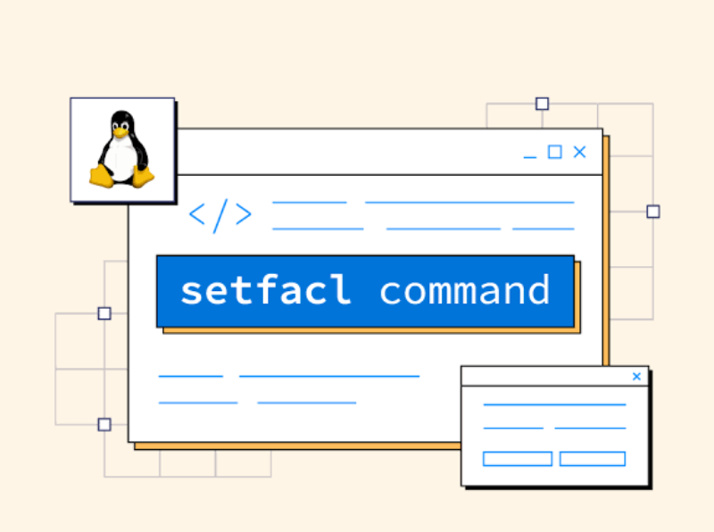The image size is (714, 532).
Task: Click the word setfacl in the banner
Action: [x=265, y=292]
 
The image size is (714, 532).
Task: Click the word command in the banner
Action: [x=464, y=292]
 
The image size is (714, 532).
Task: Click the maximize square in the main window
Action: [x=555, y=152]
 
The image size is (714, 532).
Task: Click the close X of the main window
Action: [x=579, y=152]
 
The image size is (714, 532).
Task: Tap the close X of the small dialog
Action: [x=636, y=377]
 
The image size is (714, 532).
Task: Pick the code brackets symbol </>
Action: [x=220, y=216]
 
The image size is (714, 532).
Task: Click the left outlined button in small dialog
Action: [x=518, y=459]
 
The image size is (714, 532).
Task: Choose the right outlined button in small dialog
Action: [x=593, y=459]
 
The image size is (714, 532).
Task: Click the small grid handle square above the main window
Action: [x=542, y=104]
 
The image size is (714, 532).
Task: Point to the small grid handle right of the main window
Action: [x=653, y=212]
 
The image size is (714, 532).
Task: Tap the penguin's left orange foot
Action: [x=103, y=176]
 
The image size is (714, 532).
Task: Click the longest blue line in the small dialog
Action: [x=554, y=404]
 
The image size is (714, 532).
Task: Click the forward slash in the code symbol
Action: [x=220, y=216]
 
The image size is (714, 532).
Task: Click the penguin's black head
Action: [x=121, y=120]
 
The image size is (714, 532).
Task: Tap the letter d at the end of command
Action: [x=535, y=290]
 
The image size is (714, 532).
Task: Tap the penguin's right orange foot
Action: [x=143, y=176]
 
